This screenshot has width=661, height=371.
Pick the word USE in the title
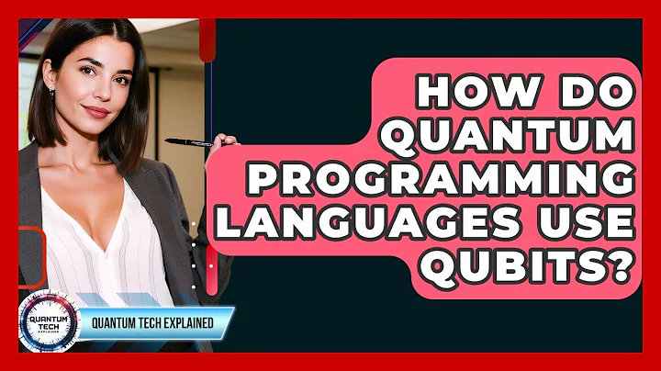click(x=588, y=225)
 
